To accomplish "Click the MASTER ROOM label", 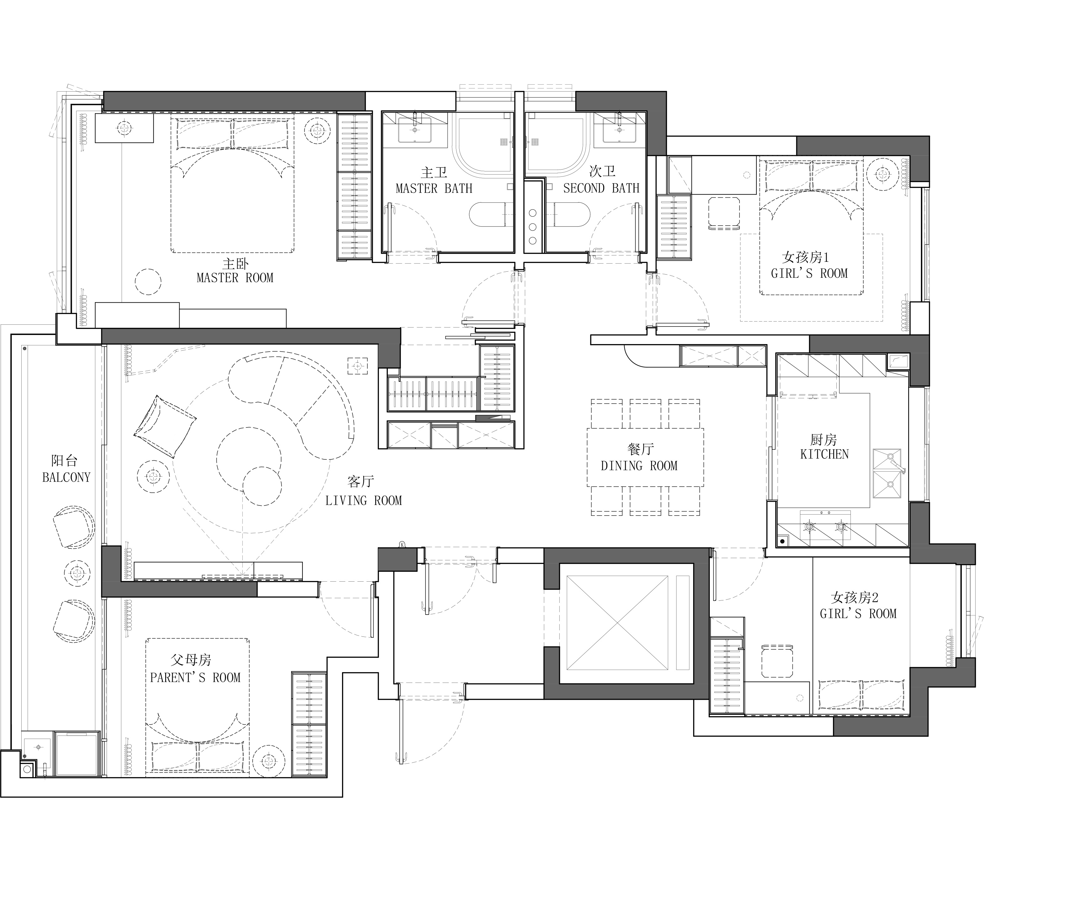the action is (x=235, y=278).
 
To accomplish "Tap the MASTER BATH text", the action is (x=434, y=189).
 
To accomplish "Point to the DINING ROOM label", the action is (x=639, y=466).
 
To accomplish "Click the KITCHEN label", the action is (x=824, y=454).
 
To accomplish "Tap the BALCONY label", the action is (x=66, y=478).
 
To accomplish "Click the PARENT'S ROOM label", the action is (x=195, y=678).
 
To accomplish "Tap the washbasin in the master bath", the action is (x=414, y=130).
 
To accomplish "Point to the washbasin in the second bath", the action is (x=619, y=130).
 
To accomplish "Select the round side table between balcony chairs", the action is (x=77, y=573).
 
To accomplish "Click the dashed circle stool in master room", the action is (x=148, y=282).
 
